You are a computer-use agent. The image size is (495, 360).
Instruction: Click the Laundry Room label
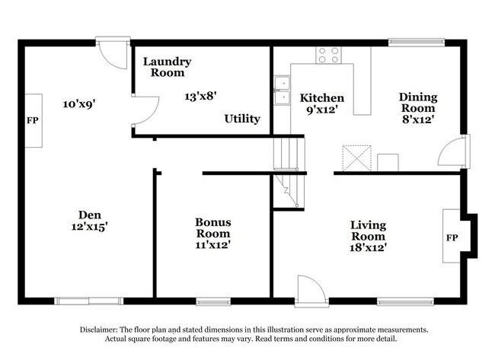pos(167,67)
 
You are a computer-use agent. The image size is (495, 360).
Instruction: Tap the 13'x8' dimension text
pos(200,96)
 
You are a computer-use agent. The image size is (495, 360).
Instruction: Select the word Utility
pos(242,119)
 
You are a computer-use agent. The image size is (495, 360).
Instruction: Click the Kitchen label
pos(321,98)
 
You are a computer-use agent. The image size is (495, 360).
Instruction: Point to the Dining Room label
pos(418,103)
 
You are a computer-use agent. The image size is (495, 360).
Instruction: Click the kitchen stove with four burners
pos(328,55)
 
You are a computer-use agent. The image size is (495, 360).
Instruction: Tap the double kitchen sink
pos(282,91)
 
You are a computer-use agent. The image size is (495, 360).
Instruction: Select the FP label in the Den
pos(33,120)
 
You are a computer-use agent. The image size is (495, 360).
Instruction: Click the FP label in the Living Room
pos(452,237)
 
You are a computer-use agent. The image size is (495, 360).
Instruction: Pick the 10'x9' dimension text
pos(79,104)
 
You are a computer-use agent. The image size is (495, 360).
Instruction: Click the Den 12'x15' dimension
pos(90,226)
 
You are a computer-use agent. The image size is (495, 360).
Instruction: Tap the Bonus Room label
pos(213,228)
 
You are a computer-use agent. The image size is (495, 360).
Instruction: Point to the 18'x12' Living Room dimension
pos(368,247)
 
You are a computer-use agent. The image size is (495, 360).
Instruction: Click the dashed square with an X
pos(356,158)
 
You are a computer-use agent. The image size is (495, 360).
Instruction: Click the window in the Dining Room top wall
pos(417,43)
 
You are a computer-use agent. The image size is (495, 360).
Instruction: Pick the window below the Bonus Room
pos(213,302)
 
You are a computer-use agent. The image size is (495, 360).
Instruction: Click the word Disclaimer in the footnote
pos(98,330)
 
